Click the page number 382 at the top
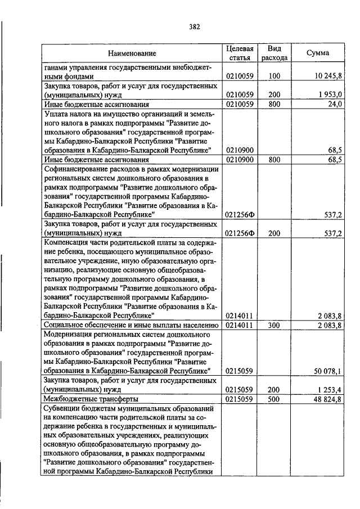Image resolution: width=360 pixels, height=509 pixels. (194, 26)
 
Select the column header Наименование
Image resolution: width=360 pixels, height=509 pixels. (132, 53)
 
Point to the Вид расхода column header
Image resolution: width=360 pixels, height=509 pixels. (274, 53)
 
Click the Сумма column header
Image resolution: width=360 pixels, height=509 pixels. (318, 53)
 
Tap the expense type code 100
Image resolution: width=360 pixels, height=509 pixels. (274, 75)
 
